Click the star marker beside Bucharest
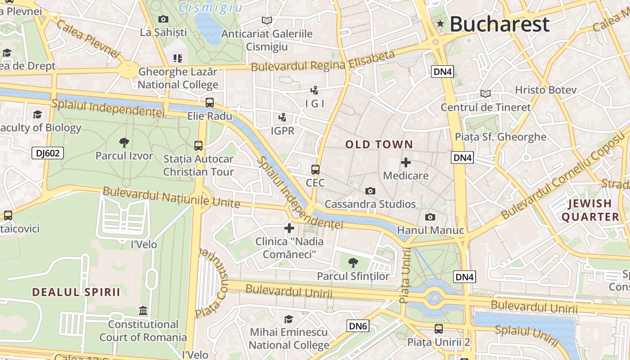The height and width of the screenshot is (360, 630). [x=440, y=25]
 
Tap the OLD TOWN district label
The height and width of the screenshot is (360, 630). [x=379, y=144]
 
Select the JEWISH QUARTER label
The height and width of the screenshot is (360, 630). [x=590, y=210]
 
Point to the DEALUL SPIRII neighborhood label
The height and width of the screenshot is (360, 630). [x=76, y=292]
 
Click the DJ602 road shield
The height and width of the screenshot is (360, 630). [x=48, y=153]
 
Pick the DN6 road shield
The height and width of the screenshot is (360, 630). [x=358, y=326]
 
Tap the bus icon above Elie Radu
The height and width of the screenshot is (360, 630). [x=210, y=103]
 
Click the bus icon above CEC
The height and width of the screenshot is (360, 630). [x=315, y=170]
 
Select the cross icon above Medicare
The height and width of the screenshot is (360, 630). [x=406, y=162]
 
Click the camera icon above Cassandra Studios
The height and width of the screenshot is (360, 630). [x=370, y=191]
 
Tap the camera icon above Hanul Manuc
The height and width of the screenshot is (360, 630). [x=430, y=217]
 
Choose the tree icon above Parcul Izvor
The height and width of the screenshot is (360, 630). [x=124, y=143]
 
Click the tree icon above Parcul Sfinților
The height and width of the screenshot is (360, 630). [x=353, y=262]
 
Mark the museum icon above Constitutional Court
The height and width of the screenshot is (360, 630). [x=143, y=310]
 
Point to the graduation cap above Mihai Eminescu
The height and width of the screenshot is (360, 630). [x=289, y=319]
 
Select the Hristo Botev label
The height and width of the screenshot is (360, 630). [x=545, y=90]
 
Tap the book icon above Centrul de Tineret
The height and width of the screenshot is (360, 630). [x=485, y=94]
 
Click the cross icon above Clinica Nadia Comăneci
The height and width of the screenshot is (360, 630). [x=289, y=228]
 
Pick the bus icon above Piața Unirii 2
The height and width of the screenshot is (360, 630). [x=439, y=329]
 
